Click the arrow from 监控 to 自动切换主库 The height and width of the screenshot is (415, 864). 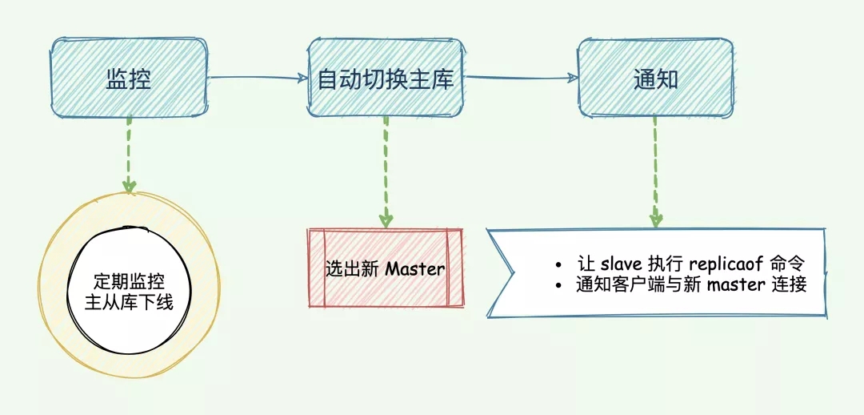point(258,78)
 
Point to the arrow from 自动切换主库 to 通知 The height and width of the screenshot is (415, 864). point(520,78)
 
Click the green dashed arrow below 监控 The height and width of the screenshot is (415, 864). point(129,155)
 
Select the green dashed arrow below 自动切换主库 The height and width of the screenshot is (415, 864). point(386,171)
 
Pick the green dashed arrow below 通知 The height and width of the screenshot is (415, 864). point(655,171)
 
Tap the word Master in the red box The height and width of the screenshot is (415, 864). point(414,269)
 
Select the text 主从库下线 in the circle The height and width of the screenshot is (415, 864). point(129,302)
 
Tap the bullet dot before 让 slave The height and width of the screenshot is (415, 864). point(559,264)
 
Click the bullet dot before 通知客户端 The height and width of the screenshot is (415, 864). point(559,285)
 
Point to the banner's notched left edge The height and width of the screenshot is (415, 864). point(502,272)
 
